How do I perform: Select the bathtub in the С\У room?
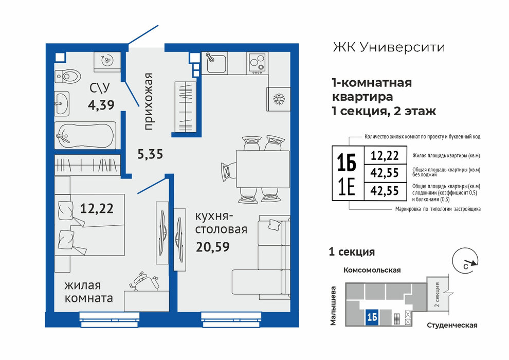click(x=85, y=136)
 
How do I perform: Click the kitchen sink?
click(x=214, y=63)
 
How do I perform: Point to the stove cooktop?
click(x=257, y=63)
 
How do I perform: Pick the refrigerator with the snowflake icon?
click(x=279, y=99)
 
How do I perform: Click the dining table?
click(x=263, y=169)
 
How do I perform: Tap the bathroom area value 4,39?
click(x=101, y=105)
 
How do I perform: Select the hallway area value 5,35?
click(x=150, y=154)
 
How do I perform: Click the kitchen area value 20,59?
click(x=213, y=247)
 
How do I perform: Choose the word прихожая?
click(x=148, y=102)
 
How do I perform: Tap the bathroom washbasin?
click(x=62, y=103)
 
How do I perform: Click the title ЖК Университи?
click(x=389, y=47)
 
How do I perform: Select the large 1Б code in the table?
click(x=347, y=163)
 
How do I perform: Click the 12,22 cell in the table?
click(x=385, y=155)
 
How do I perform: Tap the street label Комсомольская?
click(x=372, y=270)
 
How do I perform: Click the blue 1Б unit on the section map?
click(x=372, y=317)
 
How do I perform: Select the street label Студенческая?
click(x=452, y=325)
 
